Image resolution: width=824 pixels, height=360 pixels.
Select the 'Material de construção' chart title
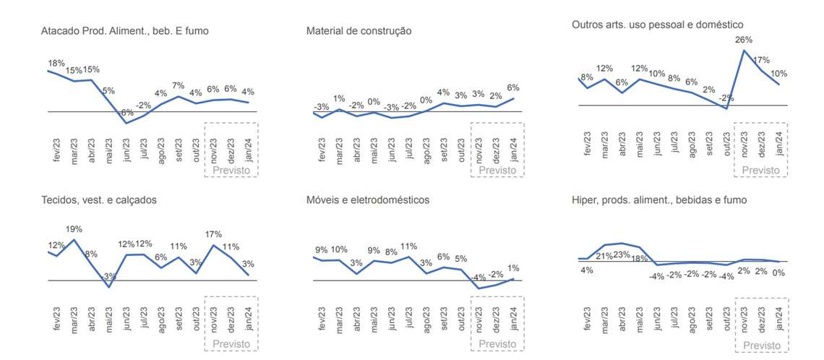point(359,31)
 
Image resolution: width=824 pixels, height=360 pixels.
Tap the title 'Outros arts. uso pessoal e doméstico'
point(657,25)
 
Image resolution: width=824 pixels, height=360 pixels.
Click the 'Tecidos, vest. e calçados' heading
point(99,200)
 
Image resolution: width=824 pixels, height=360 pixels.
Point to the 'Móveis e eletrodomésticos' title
point(368,200)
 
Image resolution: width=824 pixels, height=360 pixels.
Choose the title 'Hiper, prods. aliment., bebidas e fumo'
point(659,200)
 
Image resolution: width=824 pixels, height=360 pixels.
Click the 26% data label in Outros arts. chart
point(744,40)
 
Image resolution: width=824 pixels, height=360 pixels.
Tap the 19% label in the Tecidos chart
point(74,229)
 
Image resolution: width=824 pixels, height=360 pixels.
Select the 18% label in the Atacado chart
point(56,64)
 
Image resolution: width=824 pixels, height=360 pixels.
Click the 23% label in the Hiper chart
point(622,255)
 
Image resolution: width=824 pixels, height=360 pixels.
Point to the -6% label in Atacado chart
point(126,113)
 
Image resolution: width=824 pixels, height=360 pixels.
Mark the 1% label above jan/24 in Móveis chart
point(513,268)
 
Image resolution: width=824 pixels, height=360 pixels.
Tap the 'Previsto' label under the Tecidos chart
point(231,345)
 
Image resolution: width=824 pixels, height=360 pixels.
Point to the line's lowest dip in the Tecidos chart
point(109,287)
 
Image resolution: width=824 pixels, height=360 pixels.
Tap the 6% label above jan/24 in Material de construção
point(513,87)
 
